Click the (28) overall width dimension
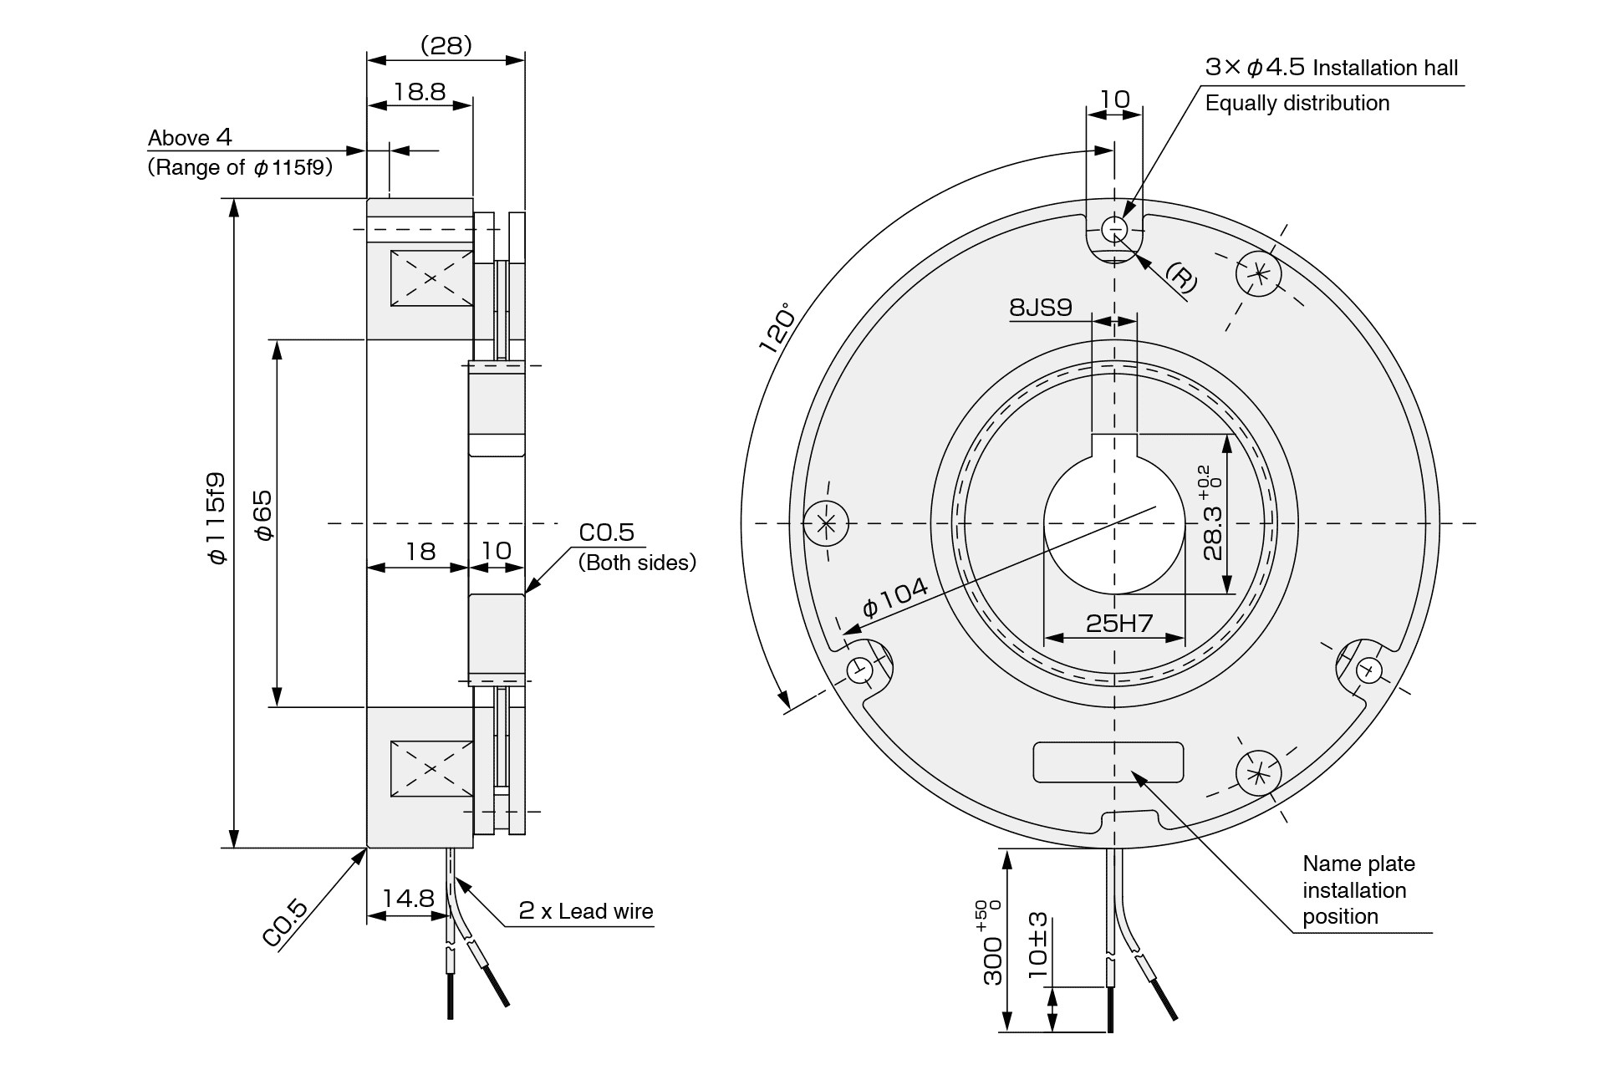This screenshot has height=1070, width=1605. (x=446, y=45)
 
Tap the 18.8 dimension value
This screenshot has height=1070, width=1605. (x=420, y=91)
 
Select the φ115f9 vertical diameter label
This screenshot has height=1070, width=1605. (x=217, y=518)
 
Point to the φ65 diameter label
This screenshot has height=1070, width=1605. (x=262, y=515)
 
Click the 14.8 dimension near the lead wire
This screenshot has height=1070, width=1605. (x=408, y=899)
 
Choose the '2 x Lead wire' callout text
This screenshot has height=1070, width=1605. (x=585, y=911)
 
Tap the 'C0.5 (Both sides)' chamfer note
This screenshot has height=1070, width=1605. (x=635, y=548)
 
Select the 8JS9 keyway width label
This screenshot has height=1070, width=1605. (x=1040, y=308)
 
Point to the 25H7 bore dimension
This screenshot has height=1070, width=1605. (x=1118, y=623)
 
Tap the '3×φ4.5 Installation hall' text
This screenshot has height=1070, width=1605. (x=1331, y=68)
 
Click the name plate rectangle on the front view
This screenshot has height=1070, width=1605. (x=1108, y=762)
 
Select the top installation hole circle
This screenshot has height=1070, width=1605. (x=1114, y=228)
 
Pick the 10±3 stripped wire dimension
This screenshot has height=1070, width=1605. (x=1037, y=945)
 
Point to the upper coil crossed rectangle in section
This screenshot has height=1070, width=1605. (x=431, y=278)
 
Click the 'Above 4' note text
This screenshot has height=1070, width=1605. (x=190, y=138)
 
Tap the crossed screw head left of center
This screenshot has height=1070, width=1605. (x=826, y=524)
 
